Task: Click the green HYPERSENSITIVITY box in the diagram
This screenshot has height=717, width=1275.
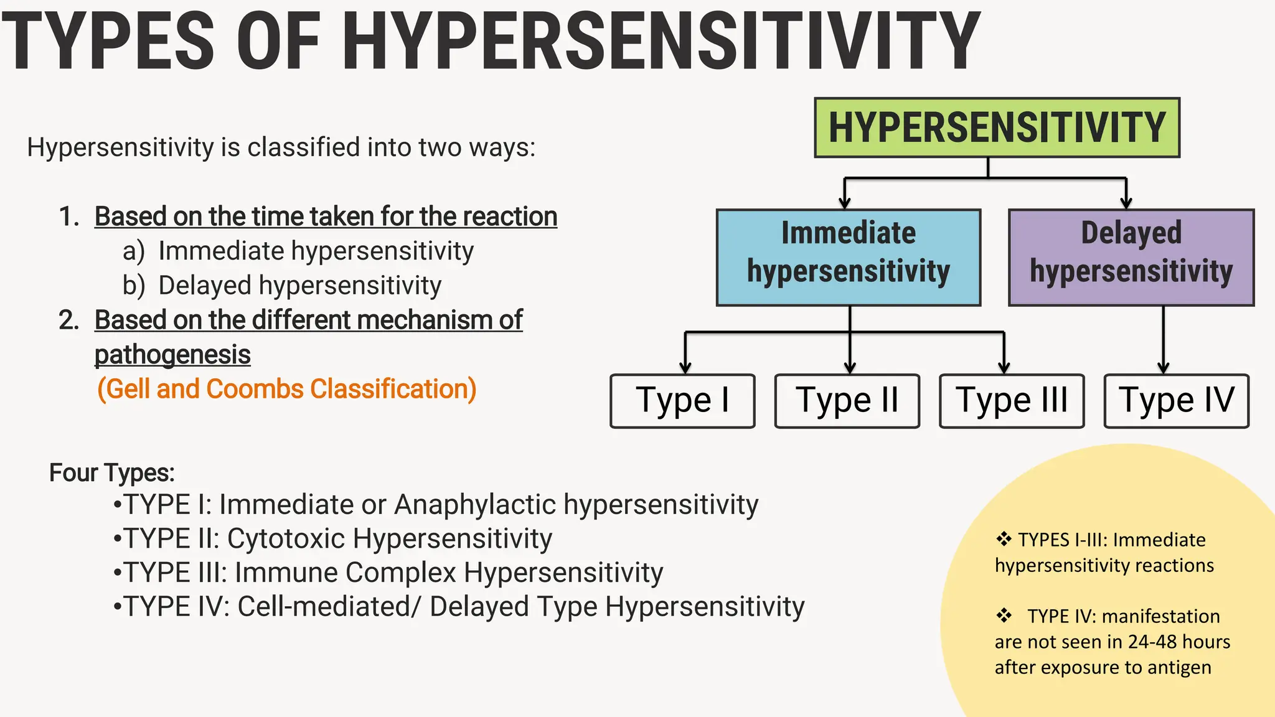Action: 997,128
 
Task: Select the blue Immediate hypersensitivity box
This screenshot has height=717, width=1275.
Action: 849,257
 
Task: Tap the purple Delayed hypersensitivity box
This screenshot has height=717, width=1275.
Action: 1131,257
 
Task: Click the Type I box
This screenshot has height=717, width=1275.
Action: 682,401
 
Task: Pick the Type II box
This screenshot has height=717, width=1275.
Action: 847,401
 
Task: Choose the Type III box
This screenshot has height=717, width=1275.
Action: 1012,401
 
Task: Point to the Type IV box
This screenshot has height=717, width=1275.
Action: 1176,401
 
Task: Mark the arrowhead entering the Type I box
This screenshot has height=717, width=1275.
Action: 685,367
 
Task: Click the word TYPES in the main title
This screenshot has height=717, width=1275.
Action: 109,42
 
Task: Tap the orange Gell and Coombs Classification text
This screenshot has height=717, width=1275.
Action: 287,389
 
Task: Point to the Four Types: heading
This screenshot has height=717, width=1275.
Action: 112,472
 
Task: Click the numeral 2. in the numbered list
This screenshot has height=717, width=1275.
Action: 69,320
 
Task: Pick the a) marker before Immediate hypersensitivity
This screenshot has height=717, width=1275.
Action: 133,251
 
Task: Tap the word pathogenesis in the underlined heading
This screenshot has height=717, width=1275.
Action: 172,355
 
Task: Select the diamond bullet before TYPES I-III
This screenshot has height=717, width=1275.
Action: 1004,539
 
